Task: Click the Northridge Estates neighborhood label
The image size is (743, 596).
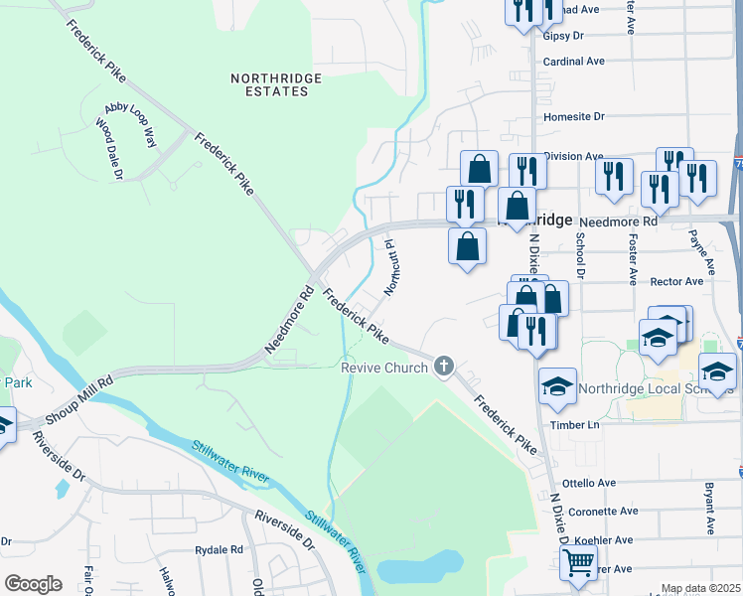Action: [x=269, y=83]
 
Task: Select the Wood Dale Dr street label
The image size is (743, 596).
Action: [x=108, y=150]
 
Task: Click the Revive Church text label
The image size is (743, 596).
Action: [x=384, y=368]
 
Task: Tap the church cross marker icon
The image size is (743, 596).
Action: [x=444, y=368]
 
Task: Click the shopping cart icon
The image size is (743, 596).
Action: [x=578, y=562]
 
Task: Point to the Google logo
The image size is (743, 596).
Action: [x=32, y=584]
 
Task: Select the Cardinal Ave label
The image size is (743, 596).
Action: [x=574, y=61]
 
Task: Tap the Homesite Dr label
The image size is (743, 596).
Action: [x=574, y=116]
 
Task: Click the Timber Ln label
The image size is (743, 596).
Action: [x=580, y=425]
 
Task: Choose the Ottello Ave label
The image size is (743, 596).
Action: [x=590, y=483]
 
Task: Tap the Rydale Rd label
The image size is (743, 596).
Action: [x=220, y=549]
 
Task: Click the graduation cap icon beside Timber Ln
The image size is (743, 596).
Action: [x=557, y=385]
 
